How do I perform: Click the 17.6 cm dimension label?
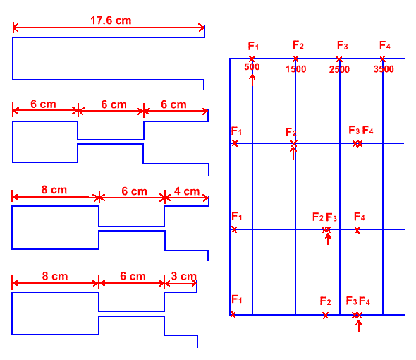[111, 20]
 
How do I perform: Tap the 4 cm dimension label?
[187, 191]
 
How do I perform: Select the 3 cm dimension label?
[183, 276]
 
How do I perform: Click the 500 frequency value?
[252, 66]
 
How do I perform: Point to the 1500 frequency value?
[295, 69]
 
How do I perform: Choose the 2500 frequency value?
[339, 69]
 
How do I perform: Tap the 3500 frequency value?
[384, 69]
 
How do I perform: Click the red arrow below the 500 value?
[252, 80]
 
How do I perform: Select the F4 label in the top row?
[385, 45]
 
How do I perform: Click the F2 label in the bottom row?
[325, 301]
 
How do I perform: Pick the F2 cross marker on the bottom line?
[325, 316]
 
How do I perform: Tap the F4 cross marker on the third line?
[357, 230]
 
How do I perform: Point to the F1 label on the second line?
[236, 131]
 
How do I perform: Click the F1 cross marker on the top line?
[252, 59]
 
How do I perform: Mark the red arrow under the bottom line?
[359, 325]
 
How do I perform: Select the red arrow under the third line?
[328, 239]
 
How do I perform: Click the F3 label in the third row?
[331, 217]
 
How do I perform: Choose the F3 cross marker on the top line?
[339, 59]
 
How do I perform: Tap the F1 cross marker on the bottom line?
[233, 315]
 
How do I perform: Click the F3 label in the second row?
[354, 130]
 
